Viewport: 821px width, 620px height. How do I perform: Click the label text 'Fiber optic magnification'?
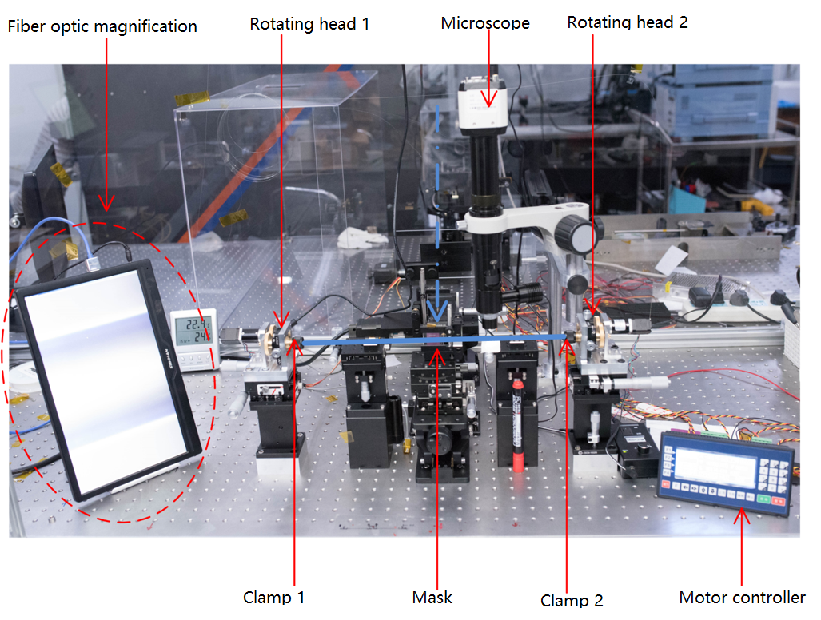pos(102,26)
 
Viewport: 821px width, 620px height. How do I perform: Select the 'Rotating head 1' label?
pos(309,23)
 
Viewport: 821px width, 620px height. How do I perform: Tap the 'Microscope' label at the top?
pos(485,23)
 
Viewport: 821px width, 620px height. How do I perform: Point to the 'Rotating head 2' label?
pos(628,22)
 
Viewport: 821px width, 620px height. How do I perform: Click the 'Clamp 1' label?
pos(273,597)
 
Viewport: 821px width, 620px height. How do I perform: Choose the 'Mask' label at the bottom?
pos(432,597)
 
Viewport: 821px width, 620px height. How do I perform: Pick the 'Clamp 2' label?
pos(572,600)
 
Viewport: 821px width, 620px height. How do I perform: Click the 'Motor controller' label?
pos(742,597)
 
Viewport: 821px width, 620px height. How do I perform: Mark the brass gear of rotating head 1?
pos(280,338)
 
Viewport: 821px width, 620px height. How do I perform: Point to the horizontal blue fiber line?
pos(432,340)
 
